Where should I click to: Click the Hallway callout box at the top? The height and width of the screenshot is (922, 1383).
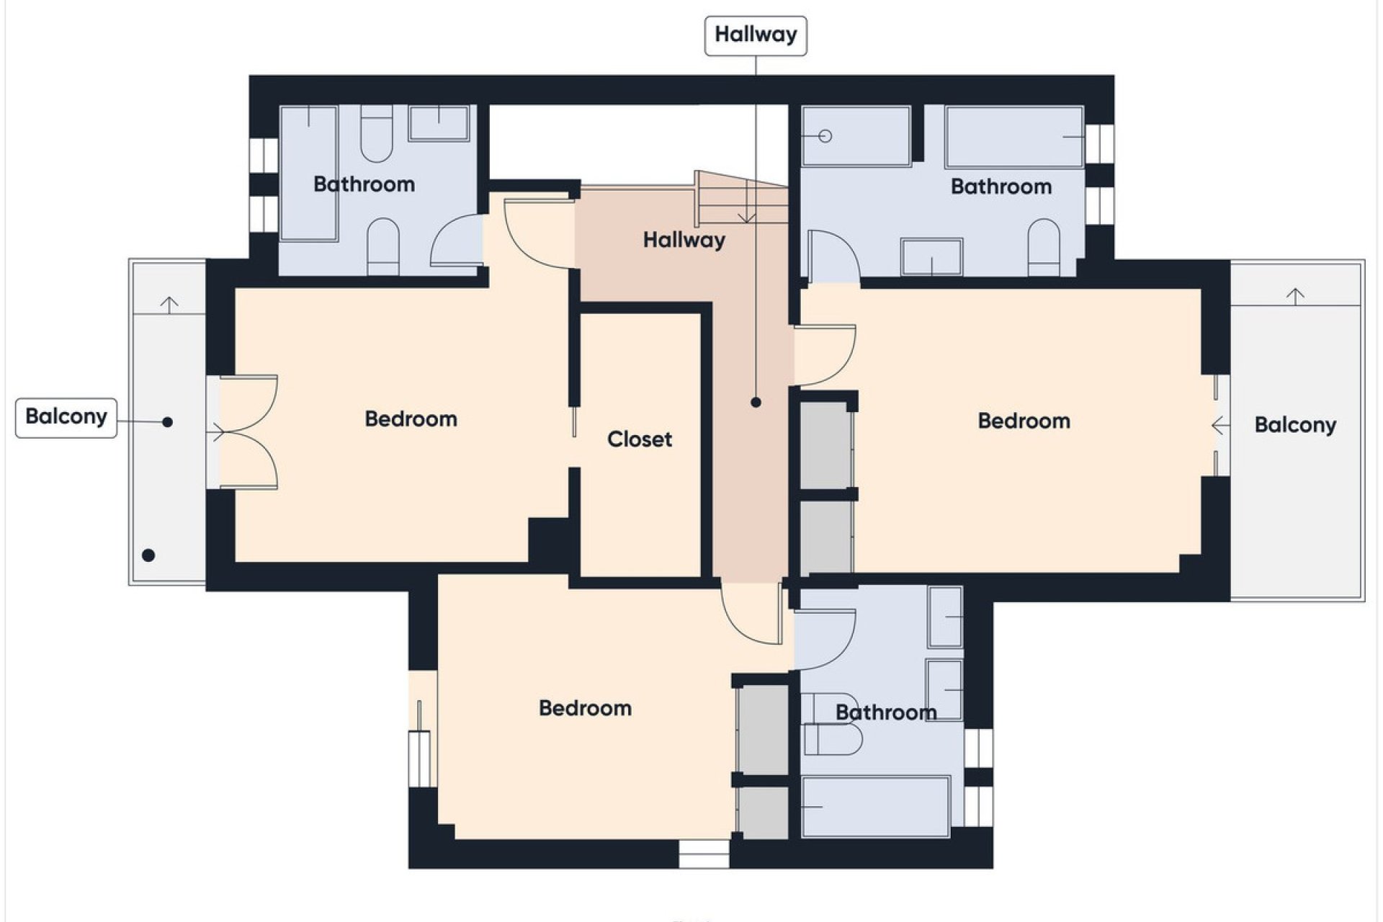755,35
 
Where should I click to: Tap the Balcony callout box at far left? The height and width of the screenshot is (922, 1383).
66,417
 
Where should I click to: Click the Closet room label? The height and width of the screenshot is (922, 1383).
639,439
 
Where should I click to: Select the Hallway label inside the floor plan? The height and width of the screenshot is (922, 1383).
684,240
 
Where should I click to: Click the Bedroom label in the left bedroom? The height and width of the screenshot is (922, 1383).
411,419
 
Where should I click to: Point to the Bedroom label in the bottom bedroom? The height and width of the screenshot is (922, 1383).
585,708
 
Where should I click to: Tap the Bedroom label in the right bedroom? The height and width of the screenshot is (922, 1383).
1024,421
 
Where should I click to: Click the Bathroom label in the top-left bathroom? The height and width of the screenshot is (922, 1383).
364,184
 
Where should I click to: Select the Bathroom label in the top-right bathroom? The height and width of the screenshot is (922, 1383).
1001,187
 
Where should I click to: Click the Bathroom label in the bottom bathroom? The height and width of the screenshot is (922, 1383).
885,712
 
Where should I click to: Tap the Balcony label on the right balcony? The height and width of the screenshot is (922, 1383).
1294,425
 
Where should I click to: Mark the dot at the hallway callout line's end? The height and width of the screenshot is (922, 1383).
756,403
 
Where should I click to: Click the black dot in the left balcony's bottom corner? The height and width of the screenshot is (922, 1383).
148,555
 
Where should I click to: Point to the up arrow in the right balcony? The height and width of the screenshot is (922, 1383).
1295,295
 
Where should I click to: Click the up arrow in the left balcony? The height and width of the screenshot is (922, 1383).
169,305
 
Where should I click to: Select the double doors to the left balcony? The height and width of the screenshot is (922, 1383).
245,432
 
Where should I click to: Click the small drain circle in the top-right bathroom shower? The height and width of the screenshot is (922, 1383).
825,136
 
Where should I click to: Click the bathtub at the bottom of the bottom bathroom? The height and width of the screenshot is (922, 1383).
875,807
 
